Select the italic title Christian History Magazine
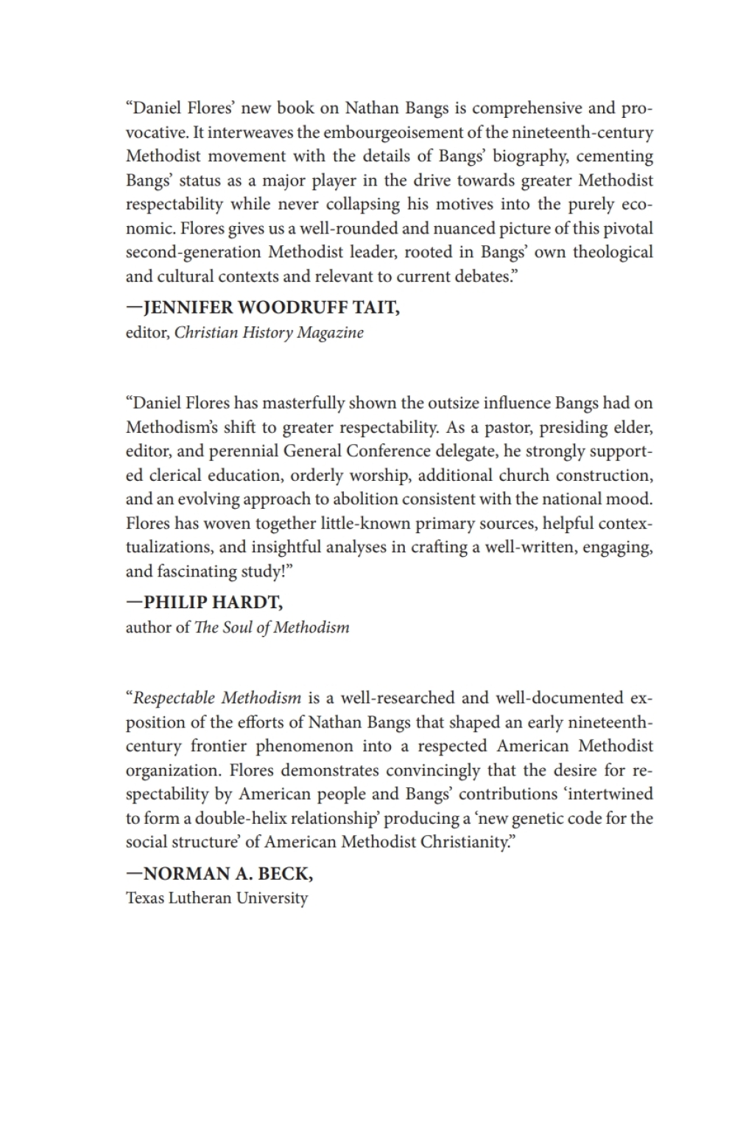click(269, 332)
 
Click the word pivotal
click(624, 228)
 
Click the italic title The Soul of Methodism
click(272, 627)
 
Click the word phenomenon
click(303, 745)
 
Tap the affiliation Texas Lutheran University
click(216, 898)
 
